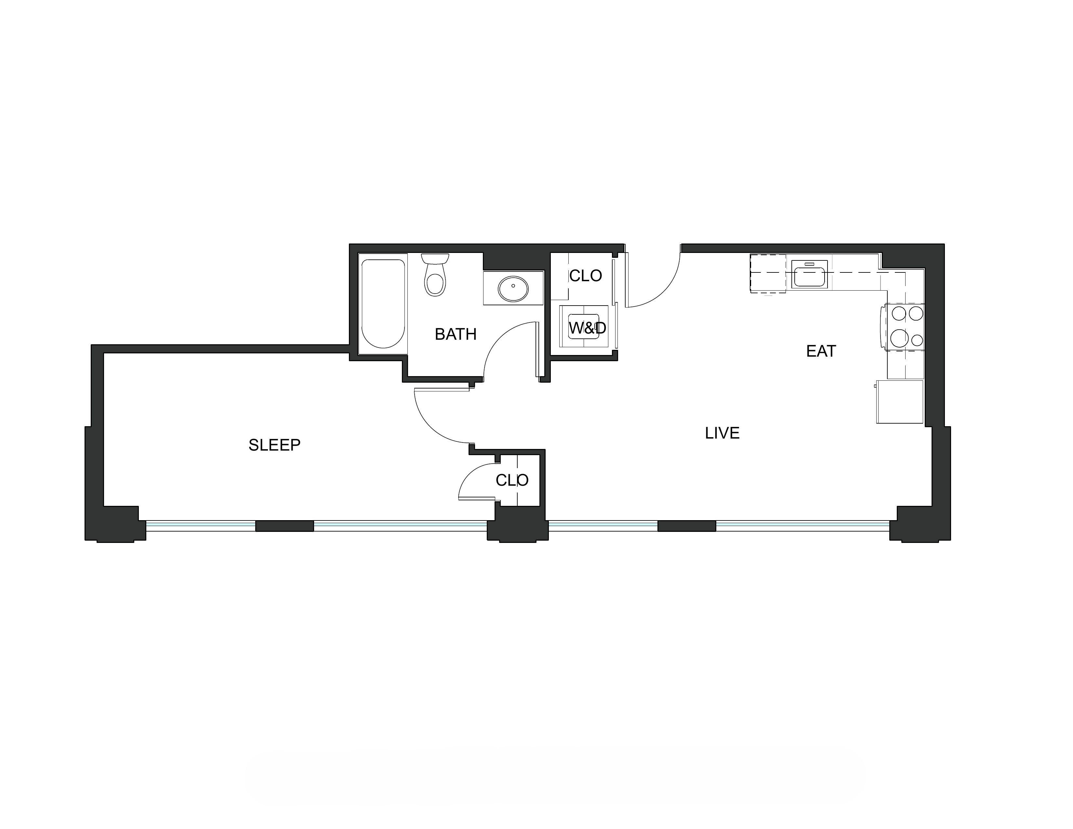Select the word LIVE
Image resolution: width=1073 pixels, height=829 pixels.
coord(722,433)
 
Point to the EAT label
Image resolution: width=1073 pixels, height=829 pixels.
coord(821,351)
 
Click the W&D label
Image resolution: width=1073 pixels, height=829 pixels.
coord(588,328)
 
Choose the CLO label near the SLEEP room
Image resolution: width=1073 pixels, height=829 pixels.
coord(512,480)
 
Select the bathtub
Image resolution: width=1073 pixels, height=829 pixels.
coord(383,304)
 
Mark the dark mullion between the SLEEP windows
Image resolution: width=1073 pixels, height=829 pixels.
coord(285,526)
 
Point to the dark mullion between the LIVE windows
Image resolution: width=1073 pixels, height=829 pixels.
coord(686,526)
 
